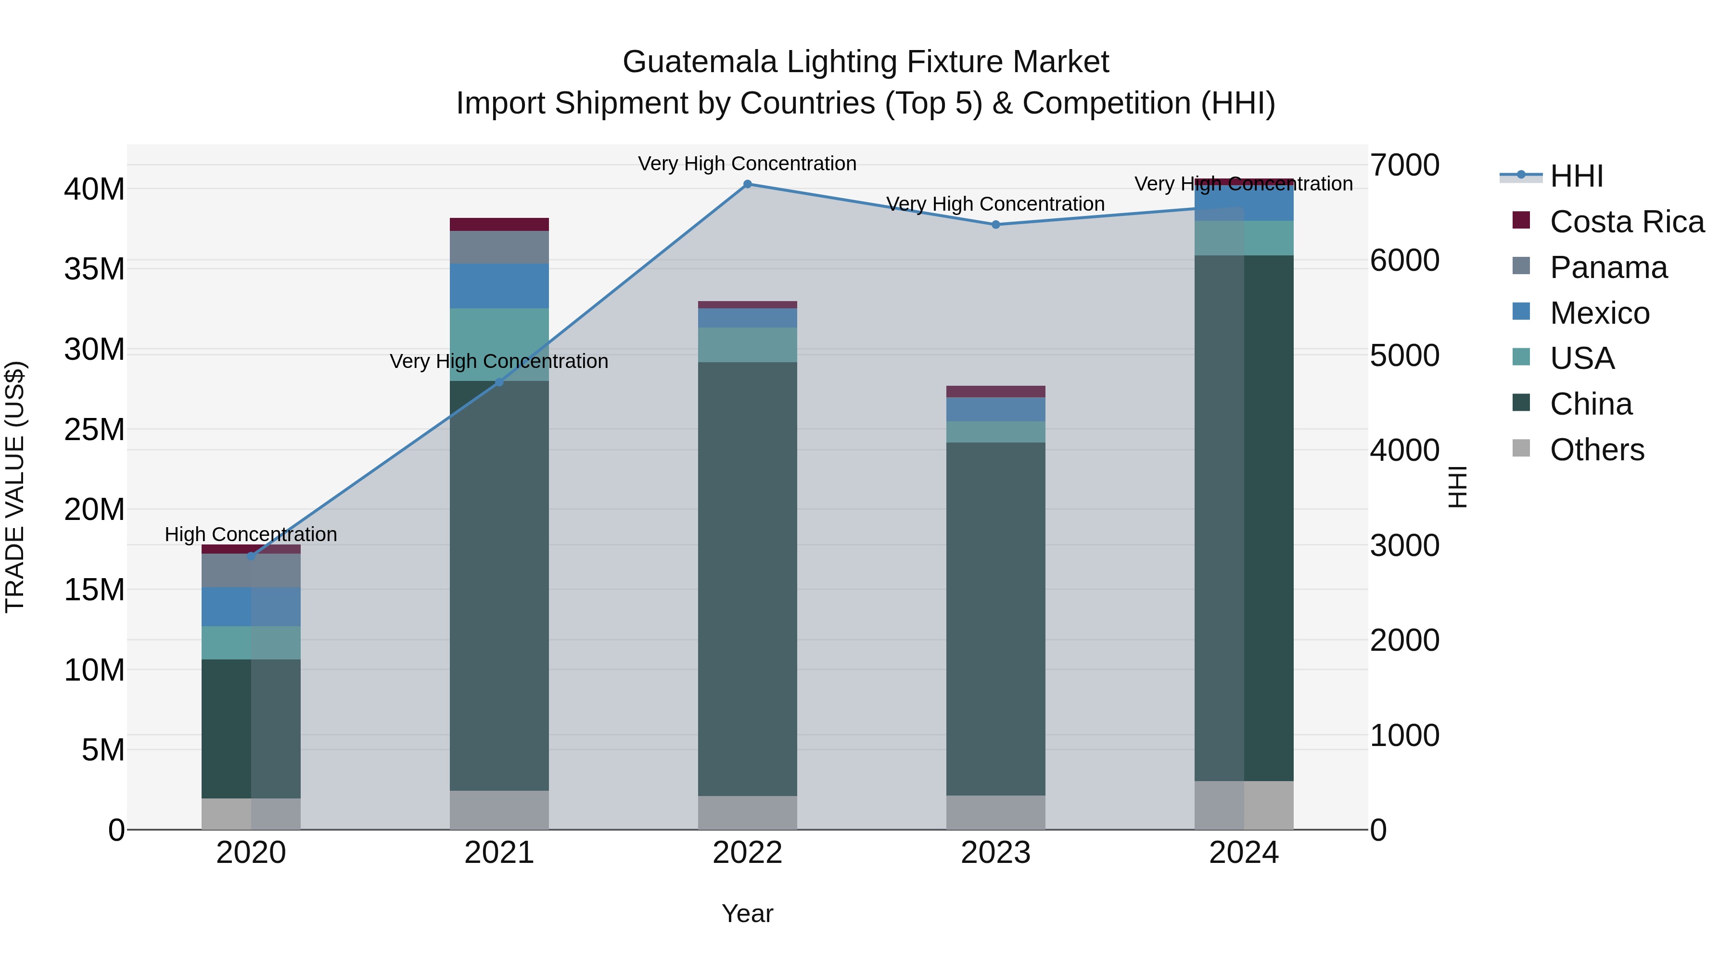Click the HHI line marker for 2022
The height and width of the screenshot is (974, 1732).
tap(747, 184)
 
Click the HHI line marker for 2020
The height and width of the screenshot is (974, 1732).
tap(252, 556)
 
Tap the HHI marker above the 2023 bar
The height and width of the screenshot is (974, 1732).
tap(996, 225)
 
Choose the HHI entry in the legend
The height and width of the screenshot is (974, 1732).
tap(1576, 176)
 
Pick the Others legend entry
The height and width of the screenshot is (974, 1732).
tap(1596, 450)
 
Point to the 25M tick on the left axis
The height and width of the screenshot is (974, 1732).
tap(94, 430)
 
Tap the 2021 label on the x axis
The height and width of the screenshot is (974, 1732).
tap(499, 853)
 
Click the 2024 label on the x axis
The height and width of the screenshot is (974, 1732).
tap(1244, 853)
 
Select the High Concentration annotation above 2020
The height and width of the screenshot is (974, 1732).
tap(251, 534)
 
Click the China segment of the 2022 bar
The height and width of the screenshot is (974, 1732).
tap(747, 578)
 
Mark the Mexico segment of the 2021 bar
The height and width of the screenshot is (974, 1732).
tap(499, 286)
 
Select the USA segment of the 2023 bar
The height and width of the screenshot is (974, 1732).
tap(996, 431)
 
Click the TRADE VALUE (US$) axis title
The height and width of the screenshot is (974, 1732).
tap(15, 487)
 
